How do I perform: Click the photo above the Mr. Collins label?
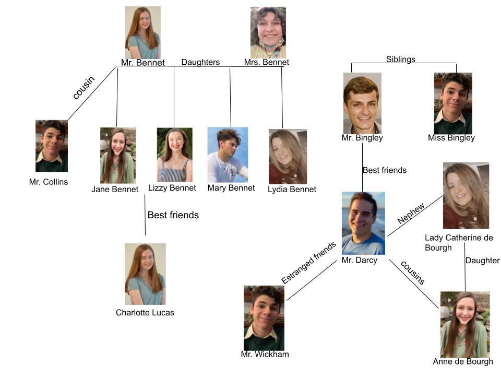click(52, 146)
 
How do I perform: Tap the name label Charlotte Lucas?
click(145, 313)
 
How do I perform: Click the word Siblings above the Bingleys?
click(401, 60)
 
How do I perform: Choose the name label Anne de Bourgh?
click(463, 361)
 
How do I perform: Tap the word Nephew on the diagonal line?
click(411, 213)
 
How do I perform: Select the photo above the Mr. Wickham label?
click(264, 318)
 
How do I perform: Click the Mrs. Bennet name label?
click(267, 63)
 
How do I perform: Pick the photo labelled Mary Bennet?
click(228, 155)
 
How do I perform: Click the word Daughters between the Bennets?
click(200, 62)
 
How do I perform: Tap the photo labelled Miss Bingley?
click(453, 103)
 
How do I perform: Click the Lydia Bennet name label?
click(292, 189)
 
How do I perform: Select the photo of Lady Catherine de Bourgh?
click(466, 196)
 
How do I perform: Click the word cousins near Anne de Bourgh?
click(413, 272)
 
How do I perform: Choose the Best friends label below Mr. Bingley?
click(385, 170)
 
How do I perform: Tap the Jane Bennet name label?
click(115, 189)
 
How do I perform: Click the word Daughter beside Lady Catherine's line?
click(483, 261)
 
